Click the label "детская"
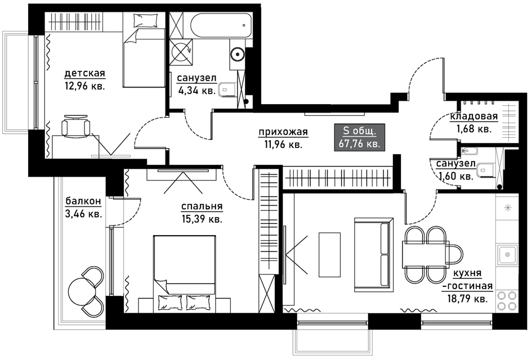[x=85, y=73]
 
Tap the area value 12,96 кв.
[x=85, y=86]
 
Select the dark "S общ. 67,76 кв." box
[x=360, y=137]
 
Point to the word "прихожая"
[x=283, y=132]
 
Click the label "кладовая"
[x=474, y=116]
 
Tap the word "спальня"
[x=202, y=206]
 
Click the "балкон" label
[x=83, y=201]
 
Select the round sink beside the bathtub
[x=237, y=54]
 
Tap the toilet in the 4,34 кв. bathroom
[x=228, y=90]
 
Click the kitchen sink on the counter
[x=508, y=255]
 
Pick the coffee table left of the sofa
[x=330, y=255]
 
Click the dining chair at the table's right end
[x=455, y=255]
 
